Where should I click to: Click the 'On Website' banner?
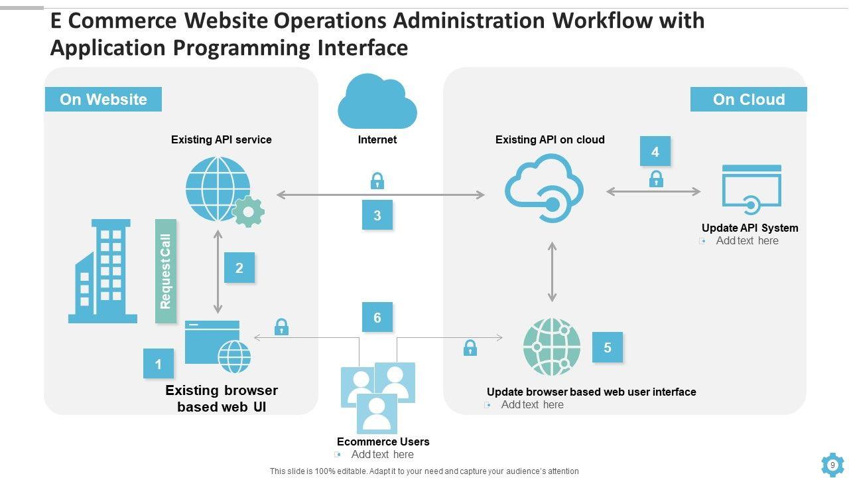[x=103, y=100]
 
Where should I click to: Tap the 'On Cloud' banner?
[x=748, y=100]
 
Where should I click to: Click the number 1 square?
[x=159, y=364]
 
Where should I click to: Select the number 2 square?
[x=239, y=268]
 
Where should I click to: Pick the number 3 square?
[x=377, y=215]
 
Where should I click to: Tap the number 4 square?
[x=655, y=152]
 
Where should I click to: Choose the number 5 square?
[x=608, y=347]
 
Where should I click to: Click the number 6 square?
[x=377, y=317]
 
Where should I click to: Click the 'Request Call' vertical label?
[x=166, y=271]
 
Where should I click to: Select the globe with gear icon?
[x=223, y=191]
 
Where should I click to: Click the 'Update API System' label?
[x=750, y=228]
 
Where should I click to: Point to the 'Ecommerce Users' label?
[x=383, y=441]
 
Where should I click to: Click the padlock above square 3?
[x=377, y=181]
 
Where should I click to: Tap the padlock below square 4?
[x=656, y=179]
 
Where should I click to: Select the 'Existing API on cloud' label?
[x=550, y=139]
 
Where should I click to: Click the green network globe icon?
[x=551, y=347]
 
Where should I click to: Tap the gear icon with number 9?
[x=832, y=465]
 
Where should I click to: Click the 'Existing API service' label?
[x=221, y=139]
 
